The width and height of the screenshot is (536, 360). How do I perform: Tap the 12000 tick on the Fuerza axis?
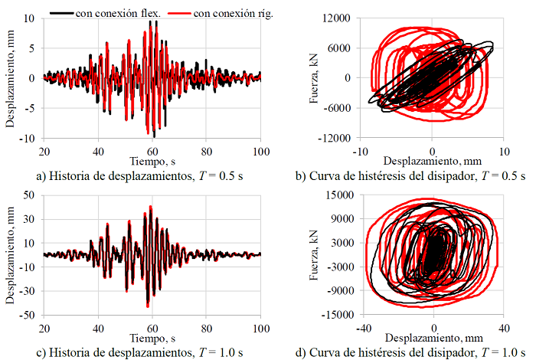(336, 18)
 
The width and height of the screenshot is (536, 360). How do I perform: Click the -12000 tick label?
(334, 138)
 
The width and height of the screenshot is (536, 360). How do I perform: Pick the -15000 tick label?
(334, 315)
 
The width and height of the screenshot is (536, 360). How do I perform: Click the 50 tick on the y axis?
(31, 195)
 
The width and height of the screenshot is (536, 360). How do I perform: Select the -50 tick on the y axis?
(29, 315)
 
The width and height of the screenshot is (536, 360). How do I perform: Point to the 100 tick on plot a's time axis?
(260, 151)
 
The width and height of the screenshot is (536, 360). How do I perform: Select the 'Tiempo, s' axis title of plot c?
(153, 338)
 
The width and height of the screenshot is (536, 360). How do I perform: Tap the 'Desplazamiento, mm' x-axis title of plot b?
(432, 162)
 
